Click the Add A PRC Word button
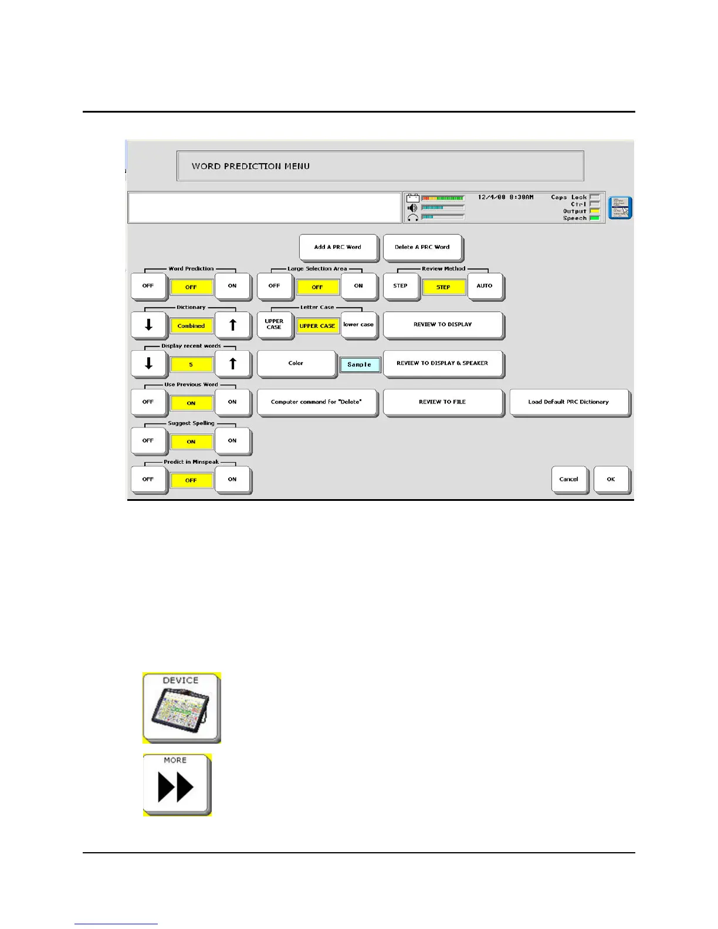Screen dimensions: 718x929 click(x=337, y=247)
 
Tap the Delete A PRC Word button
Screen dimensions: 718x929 click(x=422, y=247)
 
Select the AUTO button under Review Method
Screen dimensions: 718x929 click(x=485, y=286)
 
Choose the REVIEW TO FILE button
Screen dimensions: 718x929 click(x=442, y=402)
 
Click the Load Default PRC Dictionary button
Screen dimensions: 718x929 click(x=568, y=402)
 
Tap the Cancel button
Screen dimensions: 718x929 click(x=568, y=479)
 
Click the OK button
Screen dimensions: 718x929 click(x=611, y=479)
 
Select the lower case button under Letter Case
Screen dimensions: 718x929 click(x=358, y=324)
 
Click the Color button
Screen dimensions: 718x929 click(x=296, y=363)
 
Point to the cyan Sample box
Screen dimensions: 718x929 click(x=360, y=365)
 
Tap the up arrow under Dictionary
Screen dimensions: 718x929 click(x=232, y=324)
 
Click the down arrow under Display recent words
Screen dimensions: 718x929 click(x=148, y=363)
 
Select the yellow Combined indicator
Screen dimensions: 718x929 click(x=191, y=326)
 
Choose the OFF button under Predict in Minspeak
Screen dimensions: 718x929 click(x=148, y=479)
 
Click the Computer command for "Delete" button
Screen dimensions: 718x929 click(x=316, y=402)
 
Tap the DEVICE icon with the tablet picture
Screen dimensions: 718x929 click(x=181, y=707)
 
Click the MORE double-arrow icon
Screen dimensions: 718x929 click(x=176, y=784)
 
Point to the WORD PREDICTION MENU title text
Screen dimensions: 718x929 click(x=250, y=166)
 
